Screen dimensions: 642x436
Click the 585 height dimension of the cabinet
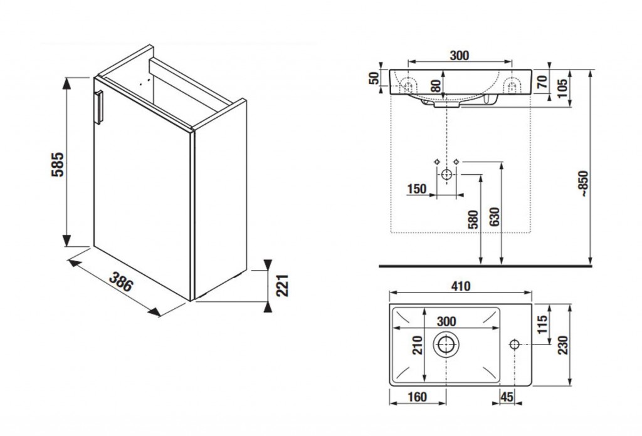pos(58,164)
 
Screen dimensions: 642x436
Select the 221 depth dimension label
pos(282,286)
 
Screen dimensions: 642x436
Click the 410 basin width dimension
pos(460,286)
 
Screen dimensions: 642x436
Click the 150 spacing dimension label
pos(417,189)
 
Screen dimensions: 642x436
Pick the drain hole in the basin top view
pos(446,344)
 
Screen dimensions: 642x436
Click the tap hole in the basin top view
pos(514,344)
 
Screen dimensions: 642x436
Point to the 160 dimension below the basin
pos(417,397)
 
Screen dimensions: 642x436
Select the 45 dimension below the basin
pos(507,397)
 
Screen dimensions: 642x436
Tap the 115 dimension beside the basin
pos(542,324)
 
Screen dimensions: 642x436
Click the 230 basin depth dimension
pos(564,345)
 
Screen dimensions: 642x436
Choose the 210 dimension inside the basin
pos(417,345)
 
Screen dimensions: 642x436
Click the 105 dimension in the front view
pos(562,88)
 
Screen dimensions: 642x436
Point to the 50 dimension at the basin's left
pos(374,78)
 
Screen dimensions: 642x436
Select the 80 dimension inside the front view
pos(436,85)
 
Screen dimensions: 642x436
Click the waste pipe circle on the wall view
pos(446,174)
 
